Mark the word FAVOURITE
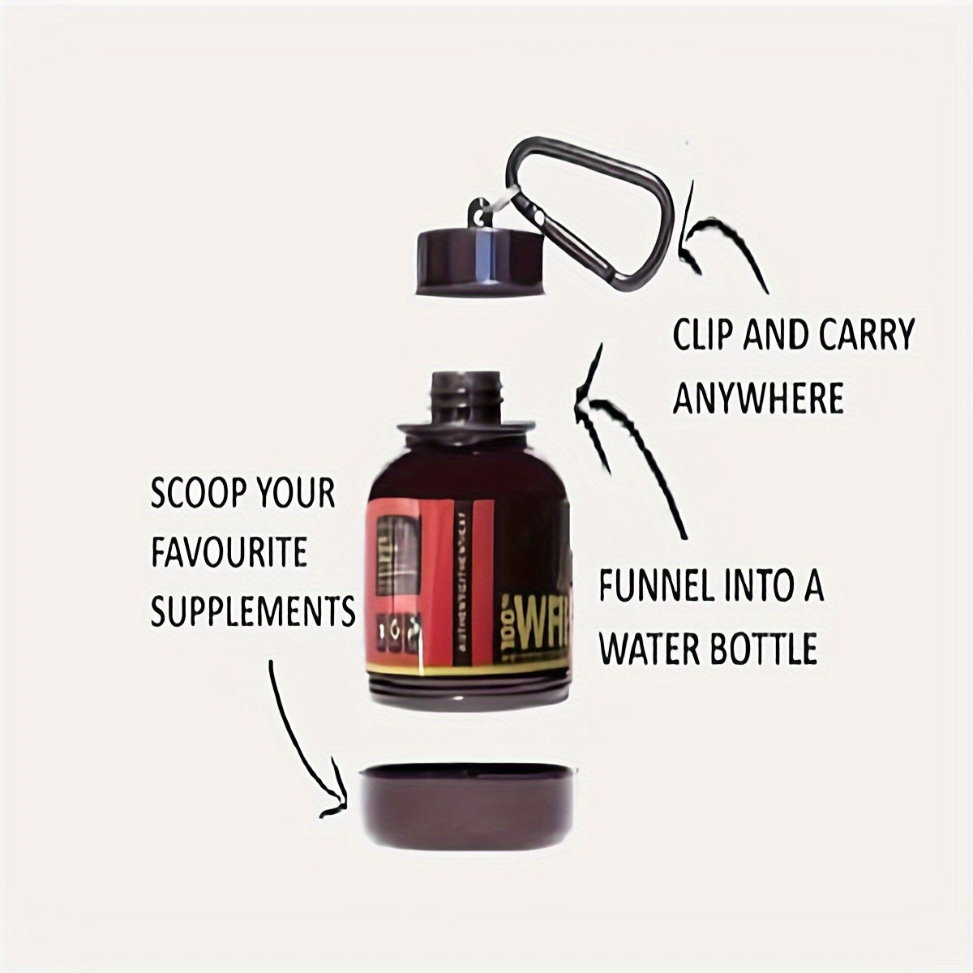pyautogui.click(x=229, y=555)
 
